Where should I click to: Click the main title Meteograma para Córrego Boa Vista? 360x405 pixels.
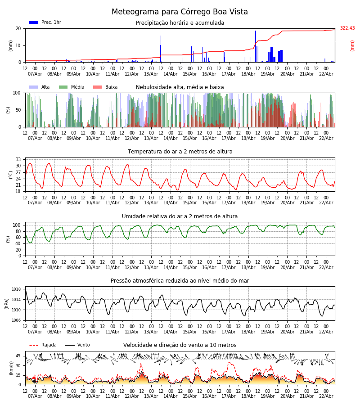pos(180,12)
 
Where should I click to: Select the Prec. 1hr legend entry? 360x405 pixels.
pos(45,22)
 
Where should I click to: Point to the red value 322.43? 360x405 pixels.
pos(347,28)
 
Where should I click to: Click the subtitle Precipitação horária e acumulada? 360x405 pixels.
pos(180,23)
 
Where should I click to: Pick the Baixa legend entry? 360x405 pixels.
pos(105,87)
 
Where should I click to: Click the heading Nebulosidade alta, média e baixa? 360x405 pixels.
pos(180,87)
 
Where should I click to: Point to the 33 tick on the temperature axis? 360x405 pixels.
pos(18,160)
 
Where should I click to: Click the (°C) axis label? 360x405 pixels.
pos(11,174)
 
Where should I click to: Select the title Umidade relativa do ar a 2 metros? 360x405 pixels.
pos(180,216)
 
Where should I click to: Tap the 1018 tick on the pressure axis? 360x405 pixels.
pos(16,289)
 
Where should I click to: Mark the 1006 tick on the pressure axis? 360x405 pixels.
pos(16,320)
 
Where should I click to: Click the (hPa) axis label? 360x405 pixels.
pos(7,304)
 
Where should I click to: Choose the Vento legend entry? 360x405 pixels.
pos(77,345)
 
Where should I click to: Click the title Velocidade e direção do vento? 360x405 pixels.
pos(180,345)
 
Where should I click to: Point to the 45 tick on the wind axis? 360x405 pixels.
pos(18,356)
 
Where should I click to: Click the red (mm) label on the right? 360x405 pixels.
pos(352,45)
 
